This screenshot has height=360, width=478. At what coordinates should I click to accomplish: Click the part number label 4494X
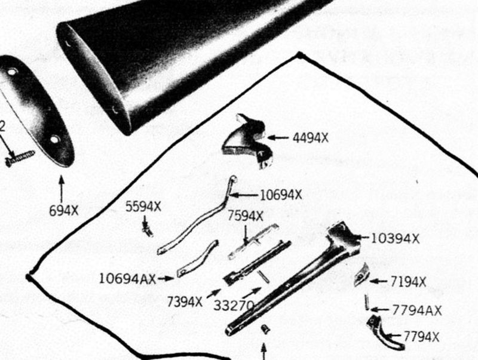click(x=311, y=138)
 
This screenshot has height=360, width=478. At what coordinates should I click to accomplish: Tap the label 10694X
click(x=281, y=195)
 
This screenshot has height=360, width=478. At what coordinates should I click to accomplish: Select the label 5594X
click(x=143, y=207)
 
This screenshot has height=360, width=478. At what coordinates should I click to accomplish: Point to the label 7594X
click(x=246, y=216)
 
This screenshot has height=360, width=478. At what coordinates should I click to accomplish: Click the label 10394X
click(x=395, y=238)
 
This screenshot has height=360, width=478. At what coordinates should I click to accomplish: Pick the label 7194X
click(x=408, y=282)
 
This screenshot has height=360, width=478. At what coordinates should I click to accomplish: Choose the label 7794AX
click(x=416, y=310)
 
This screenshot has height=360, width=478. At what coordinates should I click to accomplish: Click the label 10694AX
click(x=127, y=278)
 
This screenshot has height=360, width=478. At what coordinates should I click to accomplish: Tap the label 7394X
click(x=185, y=302)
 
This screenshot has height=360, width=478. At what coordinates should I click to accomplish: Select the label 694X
click(x=64, y=211)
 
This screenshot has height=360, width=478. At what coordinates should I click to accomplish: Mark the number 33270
click(x=234, y=305)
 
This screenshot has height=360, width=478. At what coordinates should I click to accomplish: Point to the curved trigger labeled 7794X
click(x=385, y=334)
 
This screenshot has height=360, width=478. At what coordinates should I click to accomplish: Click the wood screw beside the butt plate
click(x=20, y=158)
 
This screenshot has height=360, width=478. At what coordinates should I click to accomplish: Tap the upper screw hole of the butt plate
click(x=12, y=72)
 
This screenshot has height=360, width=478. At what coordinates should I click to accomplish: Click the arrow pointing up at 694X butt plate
click(x=62, y=189)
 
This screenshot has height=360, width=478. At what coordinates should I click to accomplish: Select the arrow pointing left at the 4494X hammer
click(x=278, y=138)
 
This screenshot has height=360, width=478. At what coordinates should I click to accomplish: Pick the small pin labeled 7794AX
click(x=367, y=302)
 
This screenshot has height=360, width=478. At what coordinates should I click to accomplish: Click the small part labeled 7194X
click(x=362, y=275)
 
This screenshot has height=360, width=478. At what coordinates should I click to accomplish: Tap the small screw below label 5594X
click(x=148, y=230)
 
